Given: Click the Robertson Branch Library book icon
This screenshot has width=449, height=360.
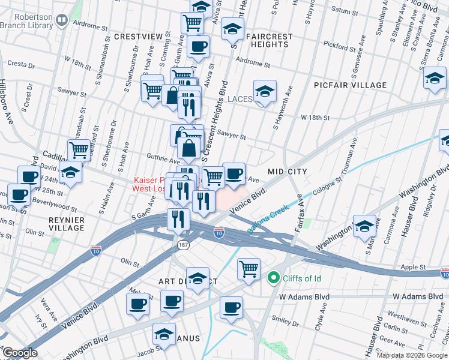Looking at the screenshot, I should click(61, 21).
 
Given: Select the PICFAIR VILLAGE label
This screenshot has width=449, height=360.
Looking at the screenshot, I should click(350, 85).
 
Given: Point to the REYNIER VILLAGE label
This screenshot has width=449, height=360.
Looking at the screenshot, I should click(67, 224).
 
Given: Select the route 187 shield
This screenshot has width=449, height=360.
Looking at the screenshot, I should click(182, 245).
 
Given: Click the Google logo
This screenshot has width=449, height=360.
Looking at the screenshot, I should click(19, 353).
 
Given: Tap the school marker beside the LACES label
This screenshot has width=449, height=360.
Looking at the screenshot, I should click(265, 92).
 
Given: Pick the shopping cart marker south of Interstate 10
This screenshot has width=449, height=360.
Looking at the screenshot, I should click(249, 268).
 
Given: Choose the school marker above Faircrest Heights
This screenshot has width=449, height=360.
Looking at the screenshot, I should click(232, 28).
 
